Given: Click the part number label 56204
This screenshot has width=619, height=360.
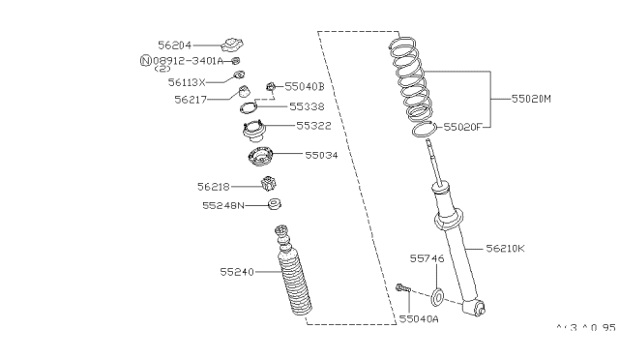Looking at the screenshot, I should tap(176, 44).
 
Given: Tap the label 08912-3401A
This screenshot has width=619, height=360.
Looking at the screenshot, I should tap(189, 60).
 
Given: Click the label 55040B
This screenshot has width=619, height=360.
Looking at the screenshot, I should tap(305, 87).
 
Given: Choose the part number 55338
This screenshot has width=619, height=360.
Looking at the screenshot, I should tap(308, 105).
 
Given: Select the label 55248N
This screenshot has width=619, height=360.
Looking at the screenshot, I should tap(221, 205).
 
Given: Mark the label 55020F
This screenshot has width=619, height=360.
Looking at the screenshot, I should tap(467, 126).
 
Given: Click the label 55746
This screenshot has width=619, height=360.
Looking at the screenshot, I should tap(427, 259).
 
